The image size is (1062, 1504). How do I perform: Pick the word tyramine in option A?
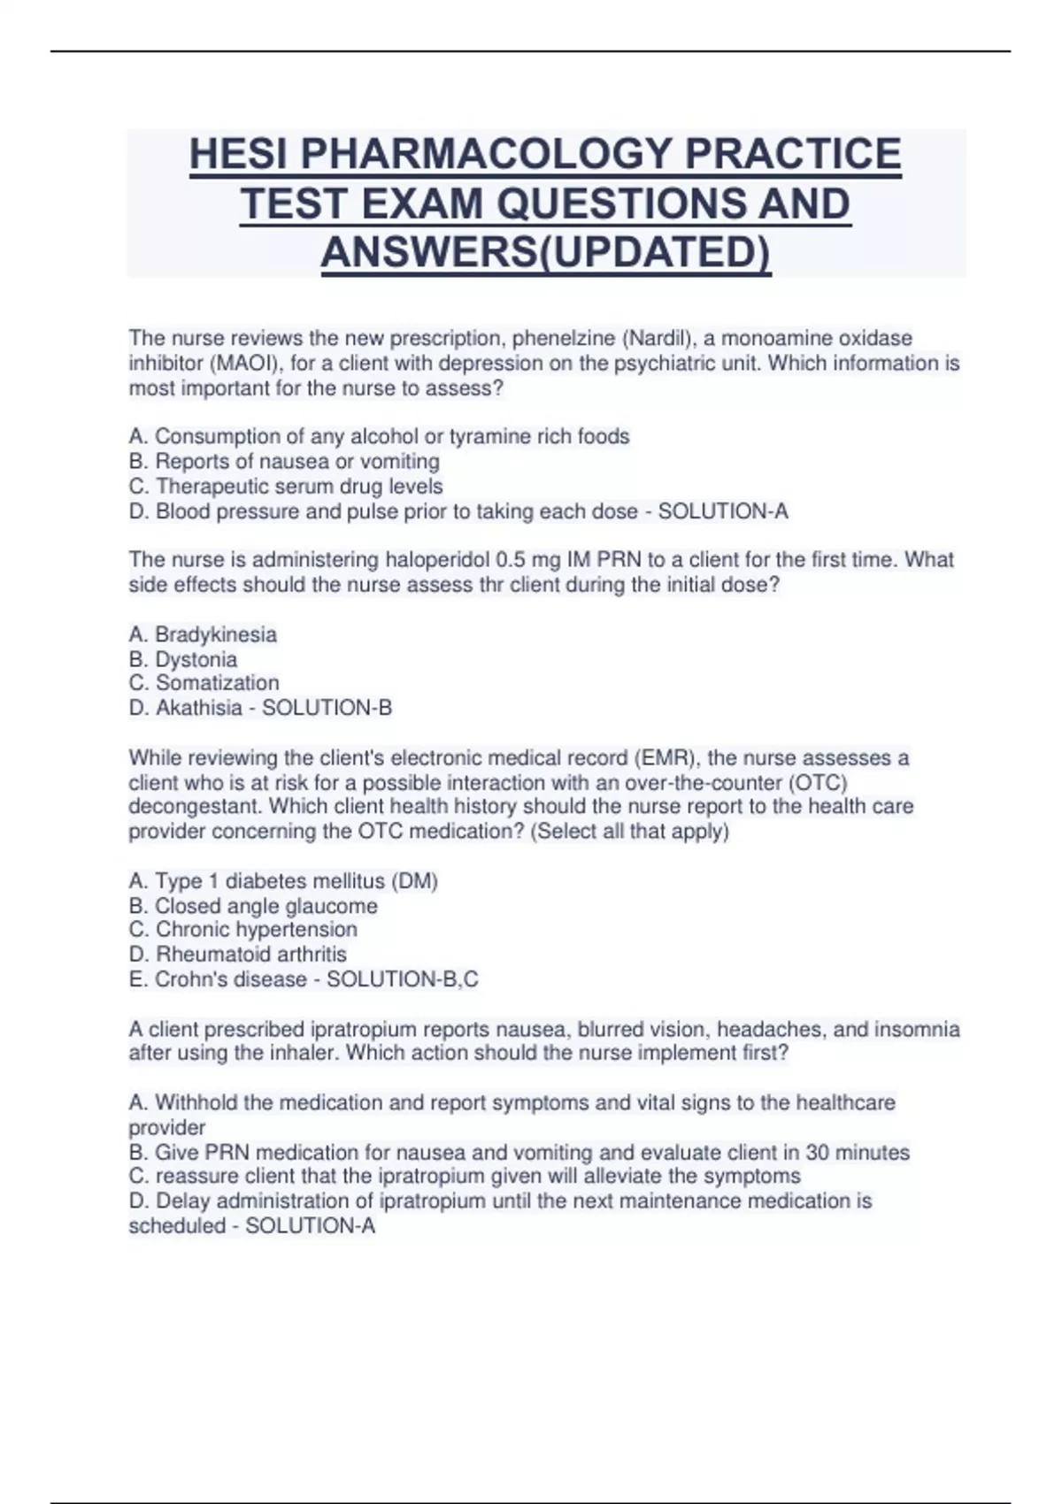(488, 436)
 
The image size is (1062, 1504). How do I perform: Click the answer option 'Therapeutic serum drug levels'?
(299, 487)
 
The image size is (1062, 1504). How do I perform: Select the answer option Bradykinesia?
(215, 634)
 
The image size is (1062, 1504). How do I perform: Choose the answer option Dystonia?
(196, 659)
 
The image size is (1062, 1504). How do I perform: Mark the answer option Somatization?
(217, 683)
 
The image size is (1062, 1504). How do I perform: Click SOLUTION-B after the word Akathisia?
(327, 708)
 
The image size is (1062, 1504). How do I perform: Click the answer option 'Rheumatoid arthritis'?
(250, 955)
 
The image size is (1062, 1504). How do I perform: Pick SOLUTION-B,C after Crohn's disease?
(402, 979)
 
